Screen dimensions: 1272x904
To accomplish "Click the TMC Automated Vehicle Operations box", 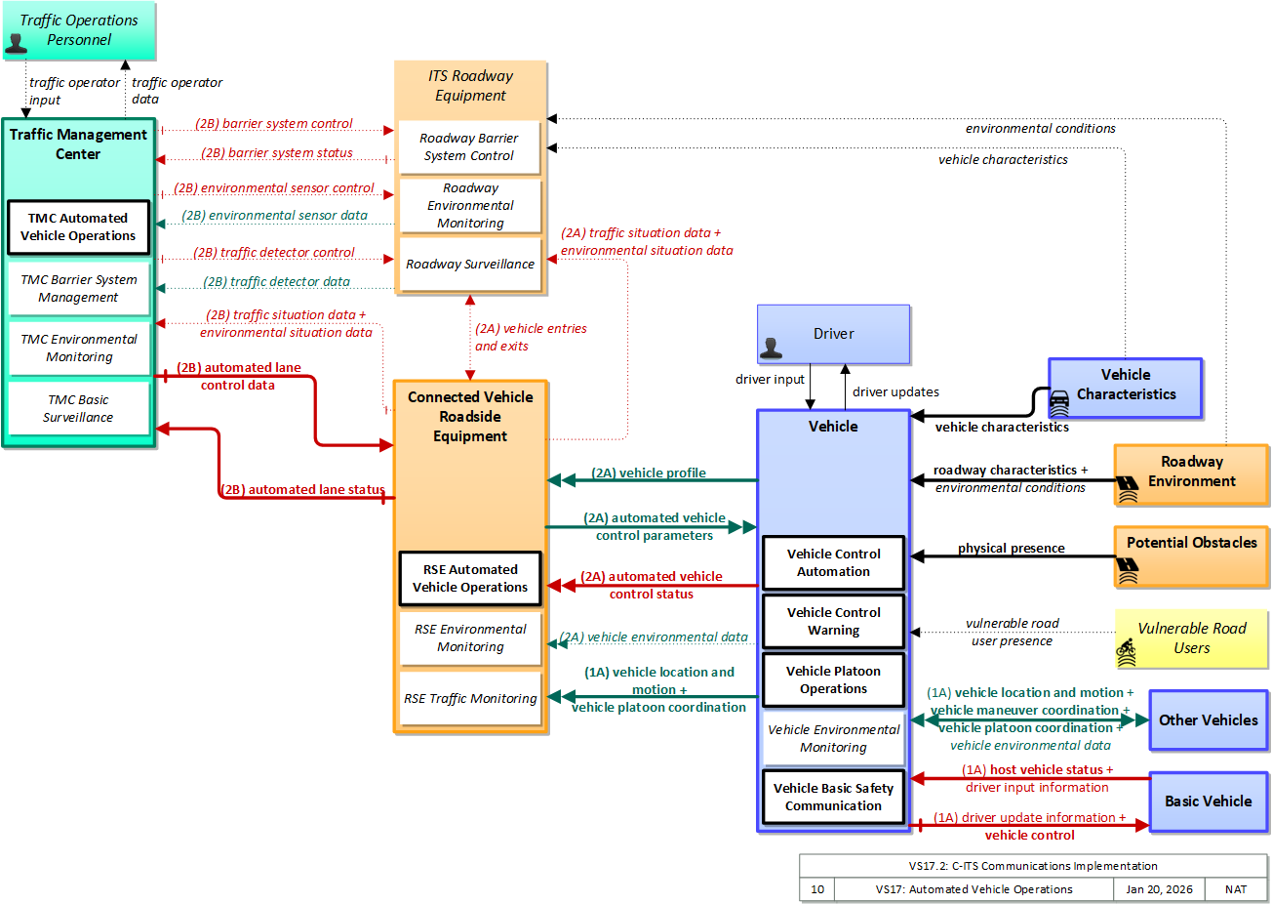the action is [x=78, y=226].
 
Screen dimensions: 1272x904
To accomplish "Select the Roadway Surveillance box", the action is [x=470, y=265].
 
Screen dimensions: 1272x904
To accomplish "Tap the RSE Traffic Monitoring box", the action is [x=470, y=698].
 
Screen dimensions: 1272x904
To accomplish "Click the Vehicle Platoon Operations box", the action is [x=833, y=679].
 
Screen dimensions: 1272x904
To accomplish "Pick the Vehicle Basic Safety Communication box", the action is [x=833, y=797].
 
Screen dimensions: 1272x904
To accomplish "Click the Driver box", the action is [x=833, y=334].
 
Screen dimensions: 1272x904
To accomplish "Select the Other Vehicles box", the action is [x=1208, y=719].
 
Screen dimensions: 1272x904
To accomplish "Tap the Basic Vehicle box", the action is [x=1208, y=801].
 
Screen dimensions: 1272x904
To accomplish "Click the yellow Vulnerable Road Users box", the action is [x=1191, y=638].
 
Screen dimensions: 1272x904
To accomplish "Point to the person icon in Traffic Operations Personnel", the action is [x=16, y=43].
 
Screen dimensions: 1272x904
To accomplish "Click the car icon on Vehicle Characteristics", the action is [x=1059, y=403].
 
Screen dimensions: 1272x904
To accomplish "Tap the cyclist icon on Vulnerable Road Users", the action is [x=1126, y=652].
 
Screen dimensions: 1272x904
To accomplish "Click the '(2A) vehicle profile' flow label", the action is [x=649, y=473].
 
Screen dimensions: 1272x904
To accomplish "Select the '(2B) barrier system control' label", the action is [x=274, y=123].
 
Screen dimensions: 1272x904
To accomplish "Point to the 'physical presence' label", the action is [x=1012, y=548].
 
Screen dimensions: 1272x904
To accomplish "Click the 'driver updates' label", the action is [x=895, y=392].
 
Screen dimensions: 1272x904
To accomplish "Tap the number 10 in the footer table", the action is [x=817, y=889].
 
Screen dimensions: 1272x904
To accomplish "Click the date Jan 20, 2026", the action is [x=1159, y=889].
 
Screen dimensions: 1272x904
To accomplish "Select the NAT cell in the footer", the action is [x=1236, y=889].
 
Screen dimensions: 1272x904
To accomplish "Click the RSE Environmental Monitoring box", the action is [x=470, y=638].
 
